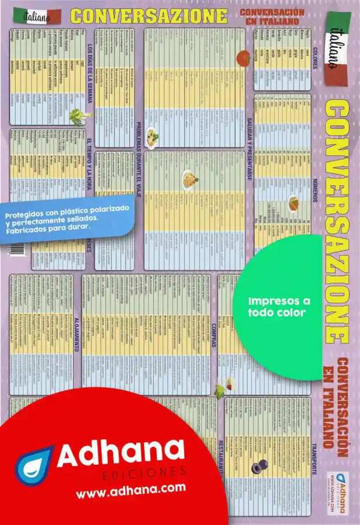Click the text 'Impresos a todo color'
point(279,307)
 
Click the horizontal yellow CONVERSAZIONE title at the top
point(149,16)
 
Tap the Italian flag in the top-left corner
point(36,16)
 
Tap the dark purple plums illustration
point(258,465)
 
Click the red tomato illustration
point(243,58)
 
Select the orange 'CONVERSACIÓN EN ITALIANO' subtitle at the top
point(271,16)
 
